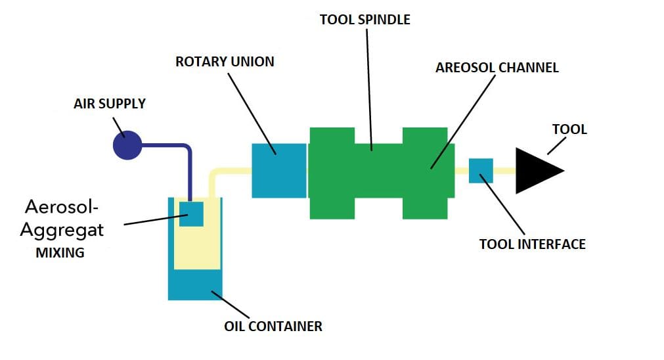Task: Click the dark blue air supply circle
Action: click(127, 145)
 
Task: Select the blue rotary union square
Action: click(279, 170)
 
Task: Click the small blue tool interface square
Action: click(481, 170)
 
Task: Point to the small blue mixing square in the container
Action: click(191, 214)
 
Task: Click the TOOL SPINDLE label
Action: click(365, 20)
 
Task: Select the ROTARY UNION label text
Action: click(225, 62)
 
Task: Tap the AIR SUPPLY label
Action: click(110, 104)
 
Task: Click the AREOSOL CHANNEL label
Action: click(497, 67)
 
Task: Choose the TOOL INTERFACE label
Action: click(532, 244)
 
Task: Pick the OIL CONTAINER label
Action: click(273, 326)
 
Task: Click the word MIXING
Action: click(60, 252)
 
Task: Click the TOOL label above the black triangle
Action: click(569, 129)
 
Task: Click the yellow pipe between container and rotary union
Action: click(230, 171)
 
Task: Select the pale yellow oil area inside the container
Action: click(196, 250)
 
